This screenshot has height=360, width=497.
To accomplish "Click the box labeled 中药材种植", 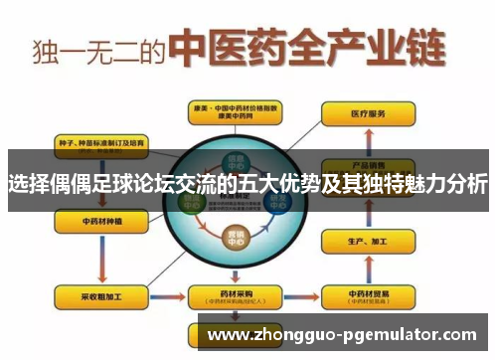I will (x=98, y=221).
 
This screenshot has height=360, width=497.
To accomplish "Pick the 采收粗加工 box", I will (x=98, y=296).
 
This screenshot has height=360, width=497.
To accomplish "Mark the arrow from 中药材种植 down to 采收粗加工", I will (x=98, y=259).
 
